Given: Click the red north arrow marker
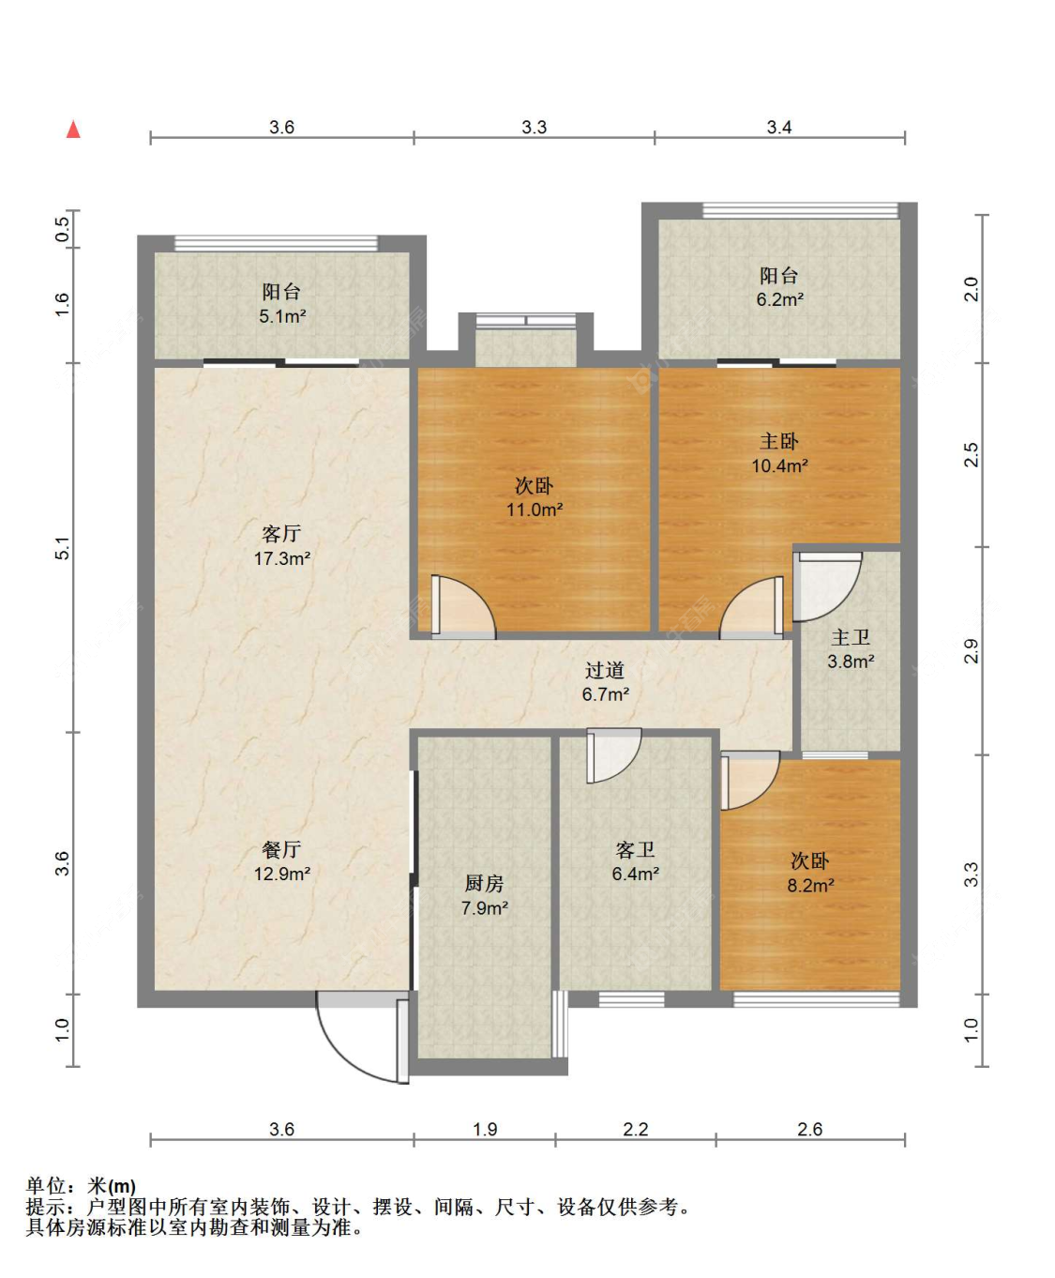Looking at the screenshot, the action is click(x=73, y=129).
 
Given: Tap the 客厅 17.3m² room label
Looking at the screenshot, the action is click(x=282, y=545).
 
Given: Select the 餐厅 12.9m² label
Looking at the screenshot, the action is click(x=282, y=860).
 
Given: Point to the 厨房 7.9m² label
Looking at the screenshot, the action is click(x=485, y=895).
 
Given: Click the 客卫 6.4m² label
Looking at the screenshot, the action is click(x=636, y=860).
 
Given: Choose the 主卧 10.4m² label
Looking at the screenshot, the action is click(x=780, y=453).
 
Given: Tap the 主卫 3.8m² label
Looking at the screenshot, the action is click(x=851, y=648).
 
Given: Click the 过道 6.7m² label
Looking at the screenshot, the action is click(x=606, y=682).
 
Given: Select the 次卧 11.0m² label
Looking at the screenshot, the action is click(x=535, y=497).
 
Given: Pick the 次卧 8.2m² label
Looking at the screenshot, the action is click(x=810, y=873).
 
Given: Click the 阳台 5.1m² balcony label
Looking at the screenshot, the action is click(x=282, y=304).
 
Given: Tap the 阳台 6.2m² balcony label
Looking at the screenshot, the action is click(x=780, y=287).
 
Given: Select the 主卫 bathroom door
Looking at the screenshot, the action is click(x=827, y=586).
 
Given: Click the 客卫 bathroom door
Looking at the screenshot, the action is click(x=613, y=755).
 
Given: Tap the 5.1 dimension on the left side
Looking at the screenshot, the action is click(x=63, y=548).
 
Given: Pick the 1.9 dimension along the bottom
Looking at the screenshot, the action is click(x=485, y=1128).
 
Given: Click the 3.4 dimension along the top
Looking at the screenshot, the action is click(x=779, y=128).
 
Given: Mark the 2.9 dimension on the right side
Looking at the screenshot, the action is click(x=972, y=650).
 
